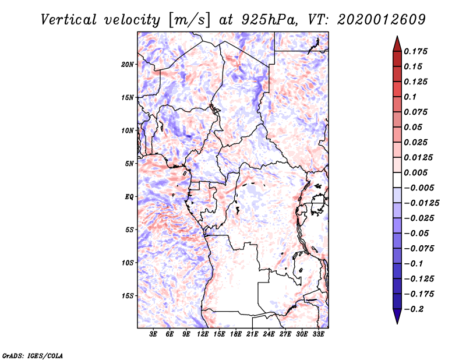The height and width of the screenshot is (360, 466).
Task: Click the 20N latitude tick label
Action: [x=128, y=64]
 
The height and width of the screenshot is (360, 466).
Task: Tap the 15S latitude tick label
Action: [x=128, y=295]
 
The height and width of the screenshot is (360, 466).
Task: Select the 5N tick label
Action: [x=129, y=163]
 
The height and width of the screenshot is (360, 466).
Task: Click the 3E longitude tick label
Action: [x=154, y=335]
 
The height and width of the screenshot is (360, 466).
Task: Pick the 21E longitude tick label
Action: [x=252, y=335]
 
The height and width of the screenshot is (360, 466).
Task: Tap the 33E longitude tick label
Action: [x=318, y=335]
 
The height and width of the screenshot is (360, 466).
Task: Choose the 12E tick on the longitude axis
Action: [x=203, y=335]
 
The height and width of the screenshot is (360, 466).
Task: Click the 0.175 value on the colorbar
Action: [x=416, y=51]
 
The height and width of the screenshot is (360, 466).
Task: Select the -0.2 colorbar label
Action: [x=415, y=309]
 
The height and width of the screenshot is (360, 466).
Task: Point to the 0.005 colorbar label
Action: [x=416, y=173]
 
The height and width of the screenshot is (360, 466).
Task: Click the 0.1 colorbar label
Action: [x=411, y=97]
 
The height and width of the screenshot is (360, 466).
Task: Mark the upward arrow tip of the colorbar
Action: [x=397, y=38]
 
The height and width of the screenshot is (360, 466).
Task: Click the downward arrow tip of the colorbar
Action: [x=397, y=322]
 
